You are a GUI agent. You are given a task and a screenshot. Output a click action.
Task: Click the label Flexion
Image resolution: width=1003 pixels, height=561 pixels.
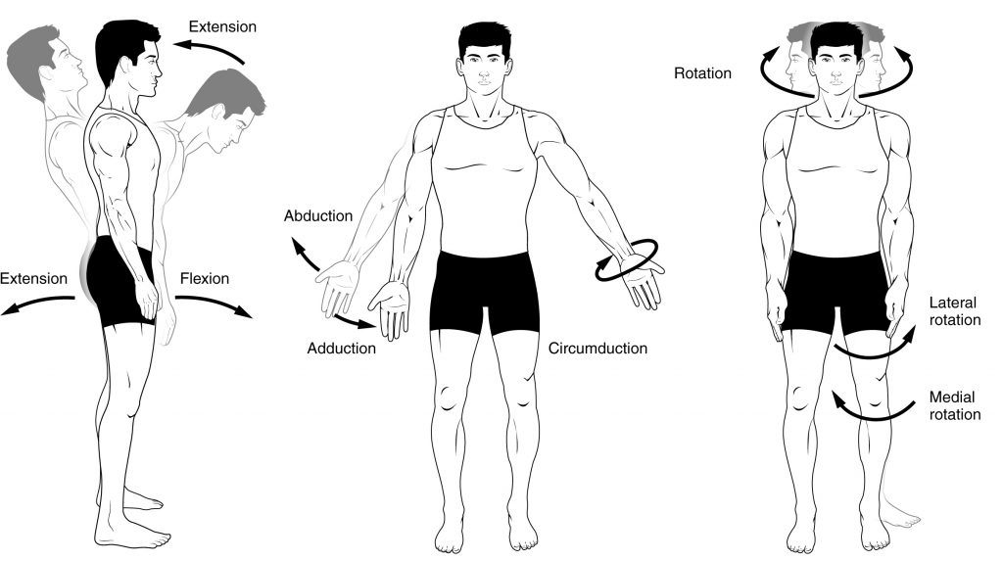pyautogui.click(x=204, y=279)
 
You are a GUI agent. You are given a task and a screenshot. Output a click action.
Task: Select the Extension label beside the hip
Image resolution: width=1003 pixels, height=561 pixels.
pyautogui.click(x=34, y=279)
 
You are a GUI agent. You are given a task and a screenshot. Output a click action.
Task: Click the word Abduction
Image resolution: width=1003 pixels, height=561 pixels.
pyautogui.click(x=314, y=216)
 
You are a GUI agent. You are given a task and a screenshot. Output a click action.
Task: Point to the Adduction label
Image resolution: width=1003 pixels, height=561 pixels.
pyautogui.click(x=341, y=349)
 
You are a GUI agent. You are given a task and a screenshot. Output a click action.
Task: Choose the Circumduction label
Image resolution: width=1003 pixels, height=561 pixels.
pyautogui.click(x=597, y=349)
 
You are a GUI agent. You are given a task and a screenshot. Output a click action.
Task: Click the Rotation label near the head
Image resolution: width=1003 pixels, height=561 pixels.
pyautogui.click(x=702, y=72)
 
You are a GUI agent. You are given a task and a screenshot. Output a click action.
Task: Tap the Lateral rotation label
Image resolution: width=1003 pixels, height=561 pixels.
pyautogui.click(x=953, y=310)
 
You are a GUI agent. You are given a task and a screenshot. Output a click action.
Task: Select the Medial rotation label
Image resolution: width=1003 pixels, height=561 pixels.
pyautogui.click(x=953, y=405)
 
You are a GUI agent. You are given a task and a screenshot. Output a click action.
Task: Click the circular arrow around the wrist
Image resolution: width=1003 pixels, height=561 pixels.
pyautogui.click(x=627, y=259)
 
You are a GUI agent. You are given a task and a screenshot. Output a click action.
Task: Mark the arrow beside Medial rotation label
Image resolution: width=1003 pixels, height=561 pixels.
pyautogui.click(x=867, y=410)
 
